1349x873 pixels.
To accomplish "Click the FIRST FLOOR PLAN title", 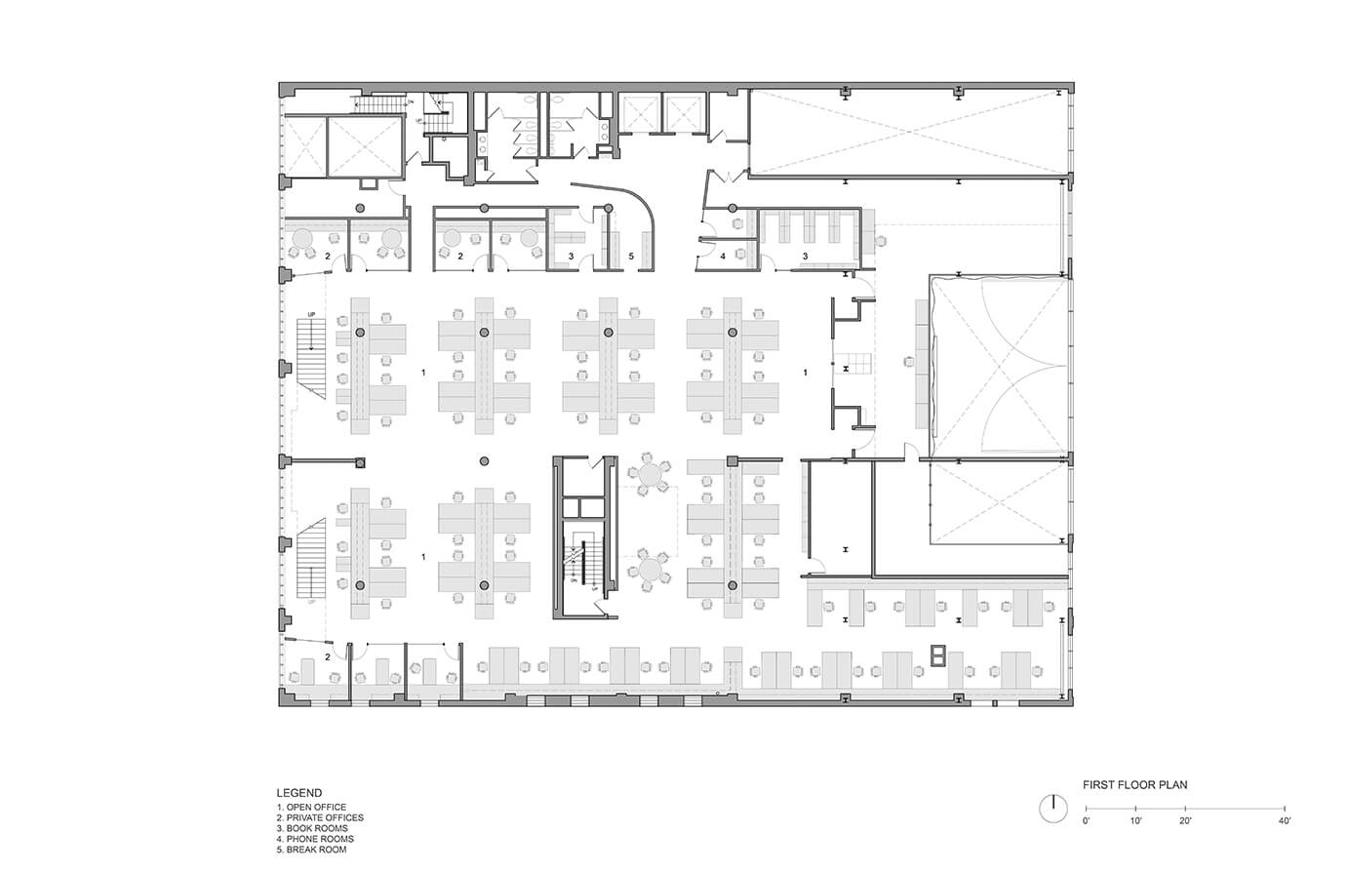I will [1135, 784].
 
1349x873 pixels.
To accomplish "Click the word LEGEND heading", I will [299, 794].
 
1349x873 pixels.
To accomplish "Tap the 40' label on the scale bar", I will [1285, 821].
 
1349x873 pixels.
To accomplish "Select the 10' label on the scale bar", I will [1136, 821].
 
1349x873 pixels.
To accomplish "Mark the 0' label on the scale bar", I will [1087, 821].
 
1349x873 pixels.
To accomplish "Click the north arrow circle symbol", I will [1051, 808].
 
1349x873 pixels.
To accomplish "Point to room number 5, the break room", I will [631, 256].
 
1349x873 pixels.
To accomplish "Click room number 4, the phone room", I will [723, 256].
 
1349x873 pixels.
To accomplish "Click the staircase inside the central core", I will [585, 566].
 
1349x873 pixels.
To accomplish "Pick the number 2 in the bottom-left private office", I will [328, 657].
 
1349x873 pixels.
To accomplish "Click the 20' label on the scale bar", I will [1185, 821].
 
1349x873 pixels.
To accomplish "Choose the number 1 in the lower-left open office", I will [423, 556].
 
